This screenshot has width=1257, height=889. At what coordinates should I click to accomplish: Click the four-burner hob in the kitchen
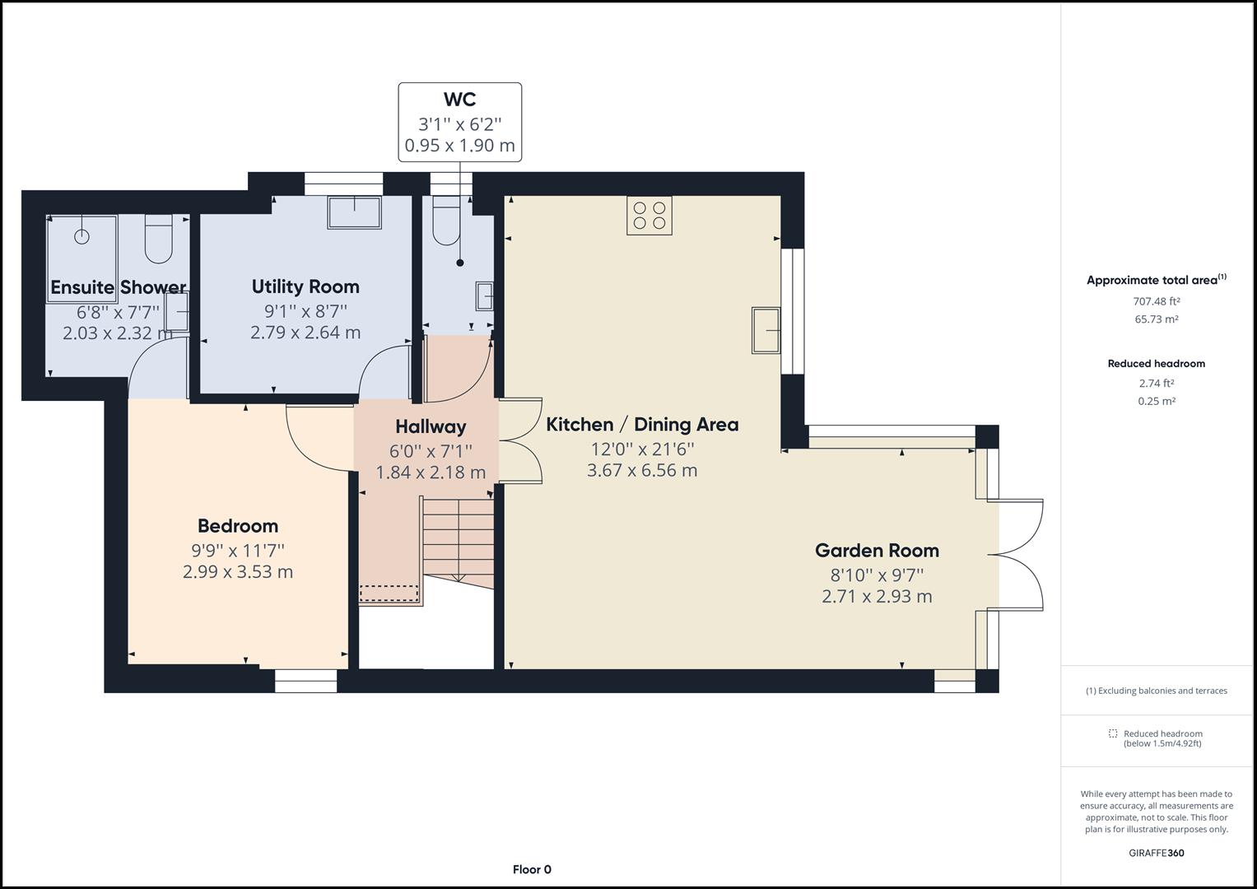[649, 215]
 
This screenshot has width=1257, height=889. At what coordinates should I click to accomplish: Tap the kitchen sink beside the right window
[766, 330]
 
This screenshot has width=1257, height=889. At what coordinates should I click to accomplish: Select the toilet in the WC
[446, 221]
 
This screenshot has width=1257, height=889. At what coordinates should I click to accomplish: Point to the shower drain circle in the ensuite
[81, 237]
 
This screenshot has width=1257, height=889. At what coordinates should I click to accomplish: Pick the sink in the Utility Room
[355, 212]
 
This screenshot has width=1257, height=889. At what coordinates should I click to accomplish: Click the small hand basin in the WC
[485, 296]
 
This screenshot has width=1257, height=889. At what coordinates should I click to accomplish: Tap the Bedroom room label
[238, 526]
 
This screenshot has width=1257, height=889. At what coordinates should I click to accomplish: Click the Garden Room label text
[877, 551]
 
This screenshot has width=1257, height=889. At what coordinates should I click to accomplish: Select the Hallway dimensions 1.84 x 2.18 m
[431, 472]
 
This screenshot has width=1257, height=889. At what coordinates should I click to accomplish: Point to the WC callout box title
[459, 100]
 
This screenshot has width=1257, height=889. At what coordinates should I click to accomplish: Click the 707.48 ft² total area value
[1157, 301]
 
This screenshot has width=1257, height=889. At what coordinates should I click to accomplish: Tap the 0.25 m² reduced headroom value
[1157, 402]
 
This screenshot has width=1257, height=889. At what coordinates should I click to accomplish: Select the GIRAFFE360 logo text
[1156, 853]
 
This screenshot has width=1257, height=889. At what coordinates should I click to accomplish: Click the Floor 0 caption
[532, 869]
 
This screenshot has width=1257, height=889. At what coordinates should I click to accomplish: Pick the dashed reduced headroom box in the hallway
[389, 593]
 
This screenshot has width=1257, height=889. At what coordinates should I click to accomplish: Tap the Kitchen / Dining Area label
[642, 425]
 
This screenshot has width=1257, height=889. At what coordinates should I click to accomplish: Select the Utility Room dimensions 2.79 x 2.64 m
[305, 333]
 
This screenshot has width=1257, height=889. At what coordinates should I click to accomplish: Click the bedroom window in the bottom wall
[305, 681]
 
